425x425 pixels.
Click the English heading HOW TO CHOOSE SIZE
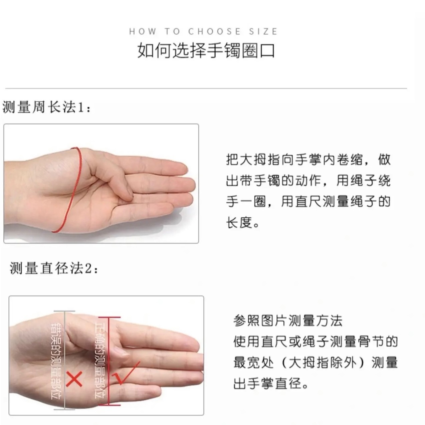[x=203, y=31]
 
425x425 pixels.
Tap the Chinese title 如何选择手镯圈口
[x=206, y=51]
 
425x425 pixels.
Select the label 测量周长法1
[x=46, y=108]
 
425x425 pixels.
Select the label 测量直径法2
[x=54, y=268]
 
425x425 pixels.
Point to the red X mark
[x=74, y=379]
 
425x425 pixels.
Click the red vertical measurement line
[x=109, y=361]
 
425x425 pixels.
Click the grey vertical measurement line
[x=64, y=360]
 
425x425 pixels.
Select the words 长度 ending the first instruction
[x=239, y=222]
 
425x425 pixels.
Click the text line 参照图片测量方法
[x=288, y=321]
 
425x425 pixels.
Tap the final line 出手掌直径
[x=267, y=384]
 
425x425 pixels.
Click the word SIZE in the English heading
[x=263, y=31]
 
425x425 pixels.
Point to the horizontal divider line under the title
[x=206, y=89]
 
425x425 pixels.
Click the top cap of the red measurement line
[x=110, y=317]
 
